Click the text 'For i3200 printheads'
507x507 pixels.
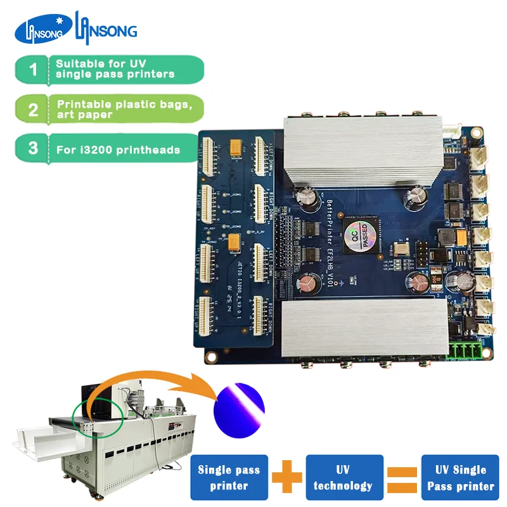click(117, 150)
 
